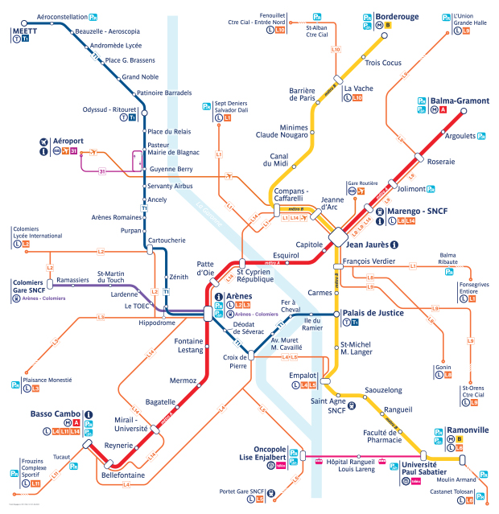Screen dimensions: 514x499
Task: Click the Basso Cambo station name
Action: tap(53, 414)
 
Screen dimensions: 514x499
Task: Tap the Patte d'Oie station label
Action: tap(207, 268)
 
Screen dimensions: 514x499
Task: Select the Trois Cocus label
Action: tap(383, 63)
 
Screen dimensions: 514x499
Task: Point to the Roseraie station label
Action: tap(440, 162)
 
